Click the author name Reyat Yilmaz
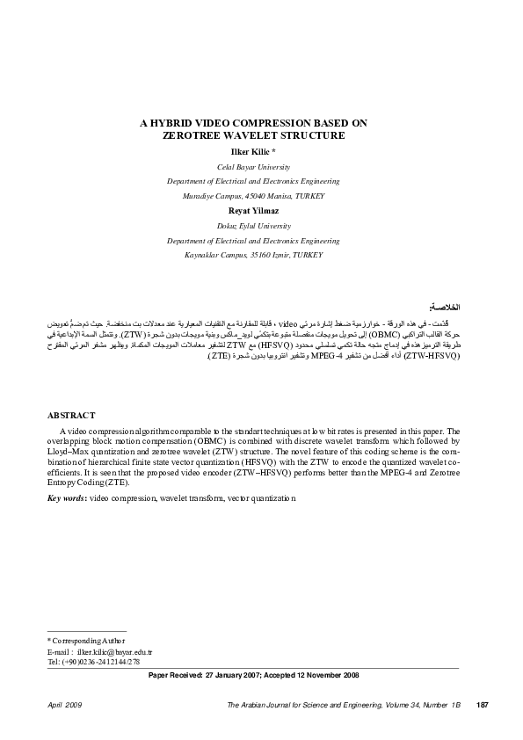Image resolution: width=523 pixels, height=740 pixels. pos(253,211)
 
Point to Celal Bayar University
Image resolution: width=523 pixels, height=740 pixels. pos(253,166)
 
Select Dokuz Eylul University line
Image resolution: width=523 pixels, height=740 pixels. pos(253,226)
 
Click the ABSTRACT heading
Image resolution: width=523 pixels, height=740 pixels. pos(71,415)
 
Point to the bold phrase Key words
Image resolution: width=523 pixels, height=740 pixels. pos(66,498)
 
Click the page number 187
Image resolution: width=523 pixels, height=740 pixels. pos(481,705)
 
